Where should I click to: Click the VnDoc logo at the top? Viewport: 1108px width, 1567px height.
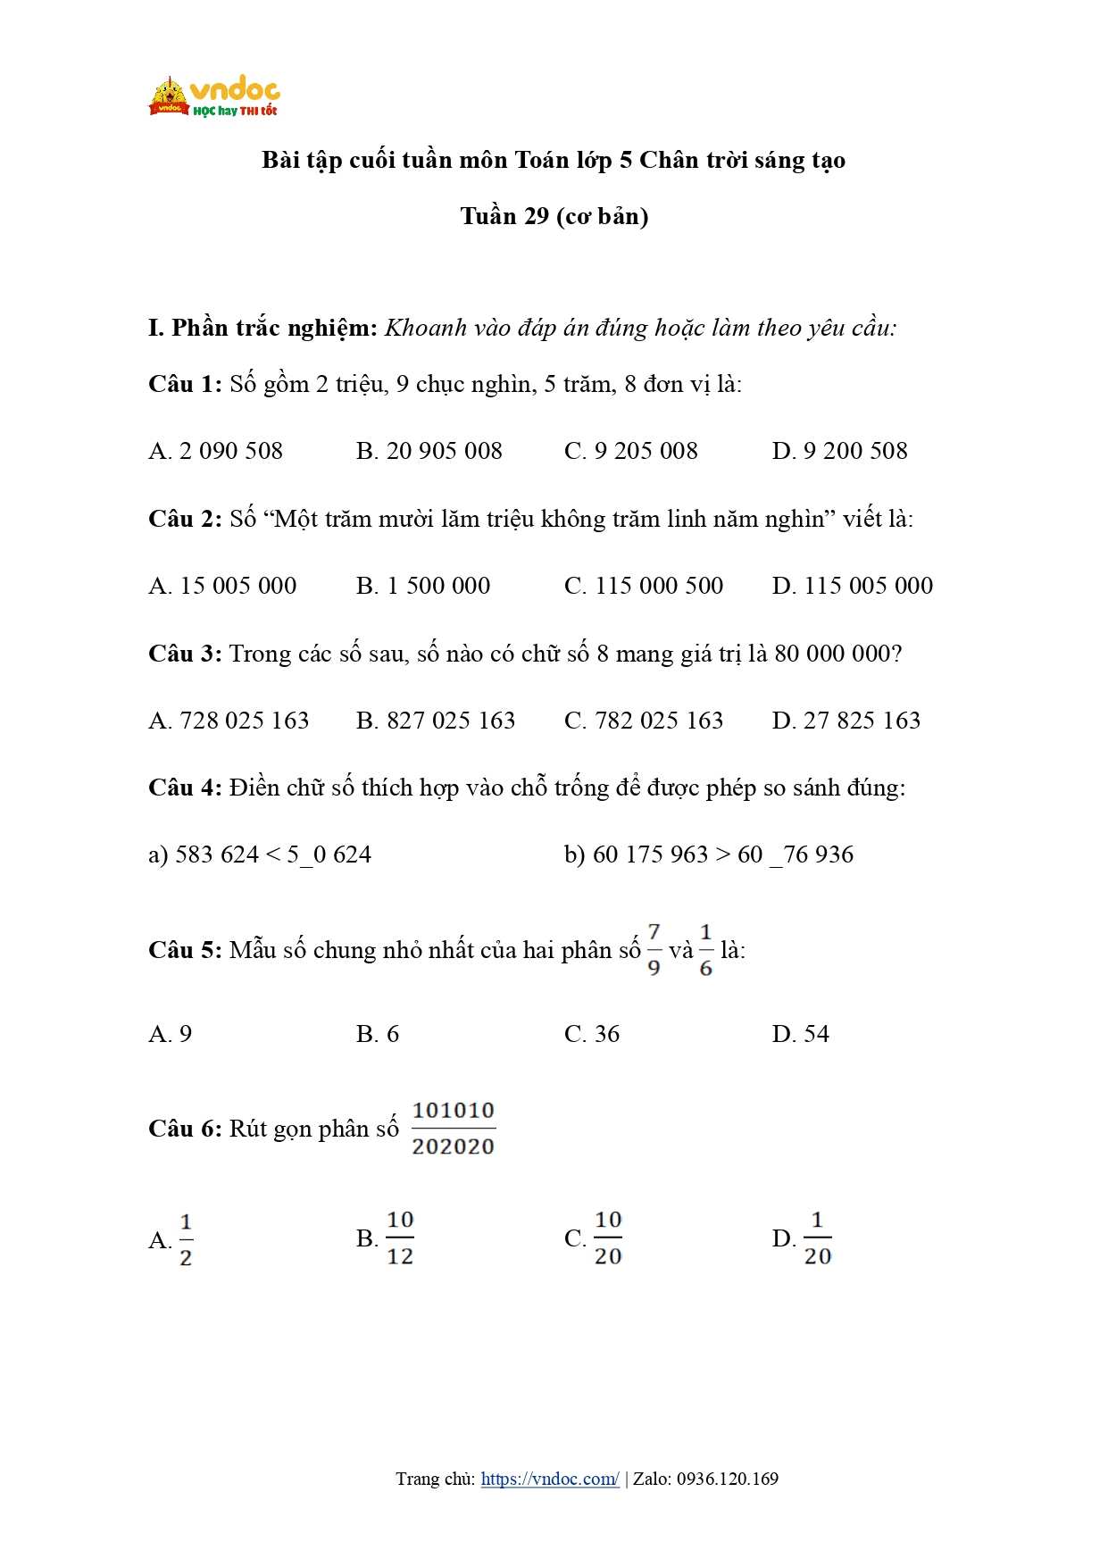213,96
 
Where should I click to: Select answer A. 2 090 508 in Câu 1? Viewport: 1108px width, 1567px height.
215,451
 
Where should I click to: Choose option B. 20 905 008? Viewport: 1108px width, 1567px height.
429,451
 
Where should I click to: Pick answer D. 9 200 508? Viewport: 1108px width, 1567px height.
839,451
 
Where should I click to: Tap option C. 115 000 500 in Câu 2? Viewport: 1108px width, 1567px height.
643,586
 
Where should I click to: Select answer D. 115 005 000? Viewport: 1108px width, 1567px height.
852,586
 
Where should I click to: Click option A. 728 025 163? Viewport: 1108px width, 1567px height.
229,721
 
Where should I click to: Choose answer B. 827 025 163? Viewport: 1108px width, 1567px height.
435,721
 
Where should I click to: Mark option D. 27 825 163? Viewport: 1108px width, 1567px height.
846,721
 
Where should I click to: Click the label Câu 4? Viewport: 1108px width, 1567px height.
185,788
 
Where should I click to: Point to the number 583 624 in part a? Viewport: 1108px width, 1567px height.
217,854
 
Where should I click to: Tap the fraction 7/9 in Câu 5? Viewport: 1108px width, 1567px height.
654,950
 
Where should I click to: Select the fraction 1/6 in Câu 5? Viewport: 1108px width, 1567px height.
706,950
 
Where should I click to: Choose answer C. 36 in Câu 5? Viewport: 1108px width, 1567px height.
591,1034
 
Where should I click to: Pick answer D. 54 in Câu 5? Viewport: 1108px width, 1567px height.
800,1034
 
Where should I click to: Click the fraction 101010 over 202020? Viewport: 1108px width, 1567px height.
453,1129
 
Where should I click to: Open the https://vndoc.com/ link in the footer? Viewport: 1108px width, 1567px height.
549,1479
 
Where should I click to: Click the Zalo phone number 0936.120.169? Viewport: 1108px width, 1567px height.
727,1479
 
